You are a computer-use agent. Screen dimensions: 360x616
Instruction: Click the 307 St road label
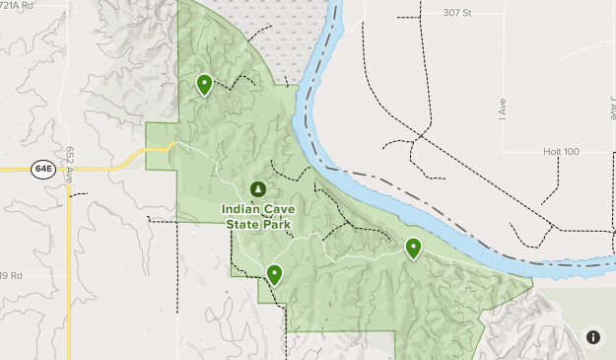(x=458, y=13)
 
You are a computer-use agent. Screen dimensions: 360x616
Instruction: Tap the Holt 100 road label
(x=561, y=152)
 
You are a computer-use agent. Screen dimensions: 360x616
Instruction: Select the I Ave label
(x=502, y=107)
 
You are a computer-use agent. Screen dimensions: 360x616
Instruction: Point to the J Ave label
(x=611, y=107)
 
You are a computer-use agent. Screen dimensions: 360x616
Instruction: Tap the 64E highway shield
(x=43, y=169)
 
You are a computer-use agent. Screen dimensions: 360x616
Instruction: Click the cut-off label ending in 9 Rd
(x=11, y=275)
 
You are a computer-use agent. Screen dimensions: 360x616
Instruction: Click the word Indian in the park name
(x=243, y=209)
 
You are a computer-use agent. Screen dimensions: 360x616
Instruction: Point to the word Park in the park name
(x=279, y=224)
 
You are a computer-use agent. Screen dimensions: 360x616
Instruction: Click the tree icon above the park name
(x=258, y=188)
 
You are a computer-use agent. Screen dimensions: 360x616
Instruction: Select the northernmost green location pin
(x=204, y=84)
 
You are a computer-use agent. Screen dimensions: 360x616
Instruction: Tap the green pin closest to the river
(x=414, y=248)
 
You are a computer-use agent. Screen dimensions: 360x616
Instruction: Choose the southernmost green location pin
(x=274, y=273)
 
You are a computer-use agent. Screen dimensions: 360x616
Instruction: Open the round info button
(x=593, y=337)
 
